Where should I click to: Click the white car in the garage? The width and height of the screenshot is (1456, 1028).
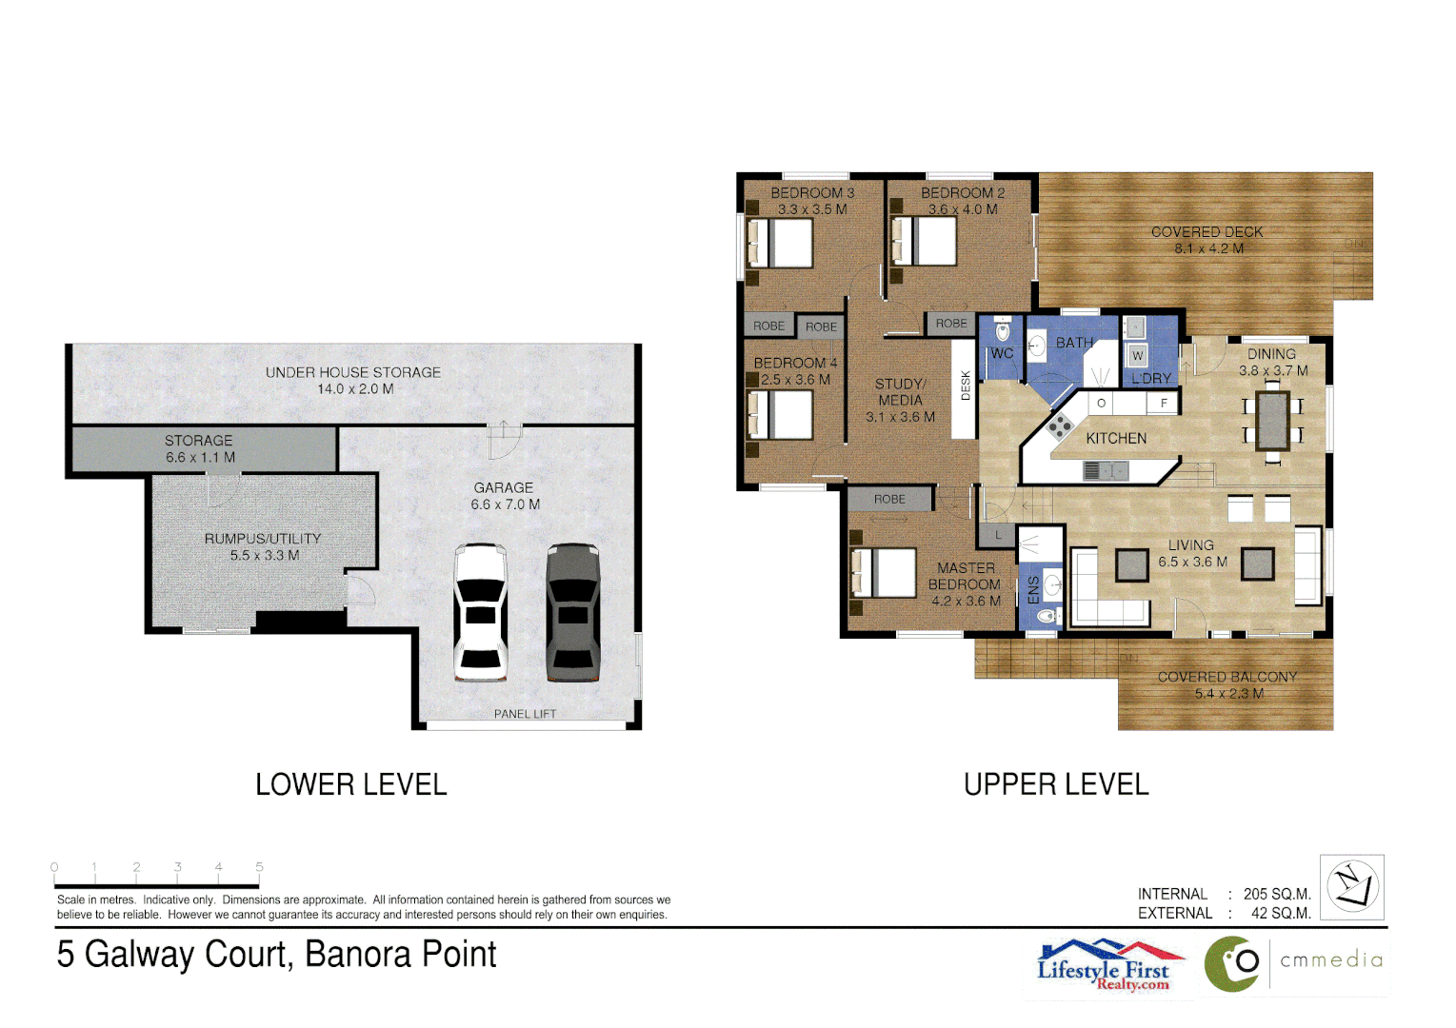click(x=480, y=612)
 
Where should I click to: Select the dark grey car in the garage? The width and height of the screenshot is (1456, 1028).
click(x=572, y=612)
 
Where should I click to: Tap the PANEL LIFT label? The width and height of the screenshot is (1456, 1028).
click(x=525, y=714)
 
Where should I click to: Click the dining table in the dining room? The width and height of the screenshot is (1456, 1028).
click(x=1272, y=420)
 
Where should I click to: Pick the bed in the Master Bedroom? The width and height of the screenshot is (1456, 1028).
click(x=884, y=572)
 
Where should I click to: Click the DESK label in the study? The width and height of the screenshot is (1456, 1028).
click(x=965, y=385)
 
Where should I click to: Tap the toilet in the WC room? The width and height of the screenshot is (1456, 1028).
click(x=1002, y=331)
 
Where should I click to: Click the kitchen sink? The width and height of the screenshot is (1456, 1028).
click(x=1105, y=470)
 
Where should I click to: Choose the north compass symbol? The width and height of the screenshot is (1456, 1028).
click(x=1352, y=886)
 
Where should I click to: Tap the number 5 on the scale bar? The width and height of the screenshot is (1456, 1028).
click(x=259, y=867)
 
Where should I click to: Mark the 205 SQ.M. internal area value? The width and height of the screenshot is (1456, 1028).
click(x=1276, y=894)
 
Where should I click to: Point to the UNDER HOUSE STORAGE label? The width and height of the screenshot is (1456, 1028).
click(x=353, y=372)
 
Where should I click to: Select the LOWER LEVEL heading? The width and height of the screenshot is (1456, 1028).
click(x=351, y=784)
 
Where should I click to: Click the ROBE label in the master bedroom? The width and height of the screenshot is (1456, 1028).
click(x=889, y=499)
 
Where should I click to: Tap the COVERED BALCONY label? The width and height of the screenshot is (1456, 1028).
click(x=1227, y=677)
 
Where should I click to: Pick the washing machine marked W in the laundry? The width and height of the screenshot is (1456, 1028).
click(x=1137, y=356)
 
